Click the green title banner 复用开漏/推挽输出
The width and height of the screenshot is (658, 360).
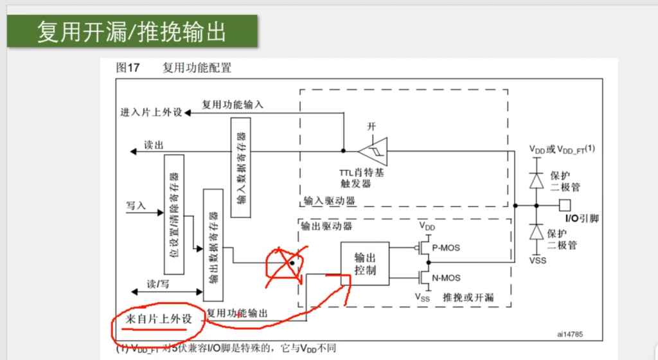pos(132,31)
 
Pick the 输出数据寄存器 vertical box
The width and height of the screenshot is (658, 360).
pos(213,244)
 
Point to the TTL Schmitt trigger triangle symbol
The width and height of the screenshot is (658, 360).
pos(373,151)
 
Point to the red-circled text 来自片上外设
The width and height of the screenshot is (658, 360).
pos(159,319)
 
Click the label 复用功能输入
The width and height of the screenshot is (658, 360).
pos(233,104)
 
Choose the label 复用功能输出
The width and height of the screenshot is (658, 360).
pos(238,313)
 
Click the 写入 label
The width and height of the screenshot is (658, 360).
pos(136,206)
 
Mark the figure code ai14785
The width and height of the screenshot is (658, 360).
pos(574,334)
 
